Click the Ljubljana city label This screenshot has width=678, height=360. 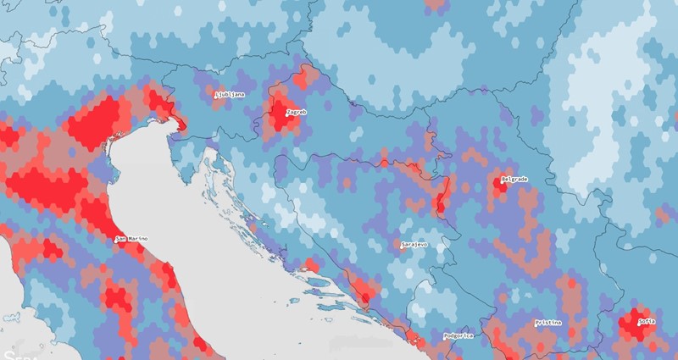point(231,94)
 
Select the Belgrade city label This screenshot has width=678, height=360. point(515,179)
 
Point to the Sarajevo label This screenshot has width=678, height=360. point(414,244)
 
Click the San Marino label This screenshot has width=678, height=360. point(132,239)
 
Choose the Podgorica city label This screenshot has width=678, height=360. point(458,335)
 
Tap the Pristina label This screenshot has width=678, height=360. point(549,323)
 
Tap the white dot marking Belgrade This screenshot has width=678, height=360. point(502,179)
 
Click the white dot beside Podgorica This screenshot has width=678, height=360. point(444,335)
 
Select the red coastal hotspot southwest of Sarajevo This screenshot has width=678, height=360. point(364,297)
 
